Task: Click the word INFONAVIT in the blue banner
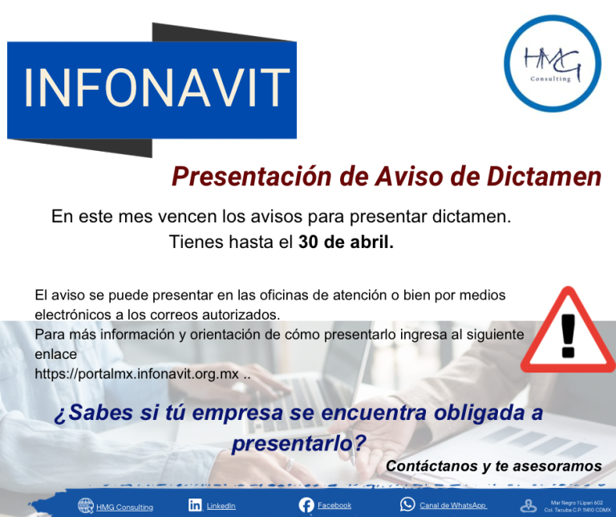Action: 156,88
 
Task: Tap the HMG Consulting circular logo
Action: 553,63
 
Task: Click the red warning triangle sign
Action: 569,335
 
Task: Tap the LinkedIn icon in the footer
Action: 195,505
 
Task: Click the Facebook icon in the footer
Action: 306,505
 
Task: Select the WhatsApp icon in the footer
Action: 407,505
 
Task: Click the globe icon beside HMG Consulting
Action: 86,506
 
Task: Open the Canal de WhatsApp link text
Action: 453,506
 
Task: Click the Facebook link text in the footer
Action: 334,506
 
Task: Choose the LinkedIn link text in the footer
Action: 221,506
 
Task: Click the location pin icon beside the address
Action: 528,506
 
